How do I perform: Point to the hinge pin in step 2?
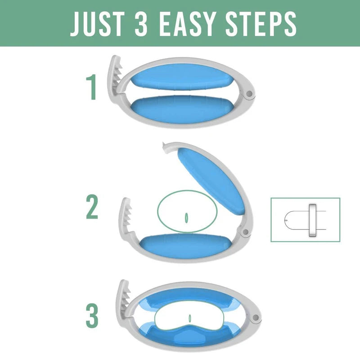pos(245,233)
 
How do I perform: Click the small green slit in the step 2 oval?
pos(186,217)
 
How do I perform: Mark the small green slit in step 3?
pos(190,318)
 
